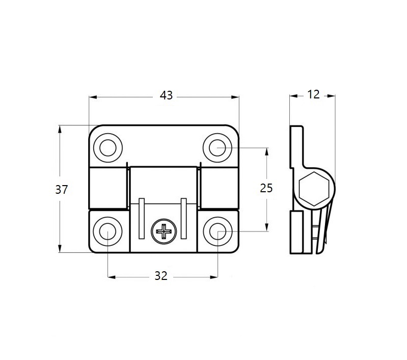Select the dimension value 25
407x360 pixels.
pos(266,188)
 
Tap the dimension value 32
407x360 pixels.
pos(161,276)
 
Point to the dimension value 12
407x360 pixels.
pos(313,94)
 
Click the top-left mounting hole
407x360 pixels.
pos(107,148)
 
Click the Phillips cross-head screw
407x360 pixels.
pos(165,233)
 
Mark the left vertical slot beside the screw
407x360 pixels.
pos(142,218)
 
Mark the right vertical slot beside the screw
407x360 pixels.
pos(183,218)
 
